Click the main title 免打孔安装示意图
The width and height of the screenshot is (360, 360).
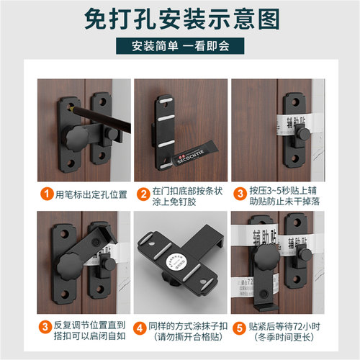[x=179, y=19]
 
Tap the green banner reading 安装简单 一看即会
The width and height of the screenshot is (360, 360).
[x=179, y=48]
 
